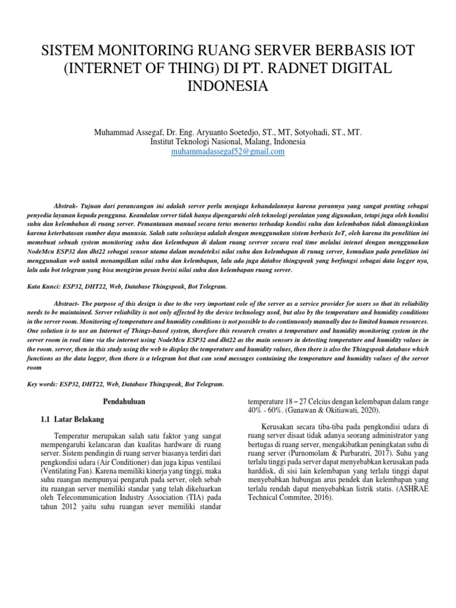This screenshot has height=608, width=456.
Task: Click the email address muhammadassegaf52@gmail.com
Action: point(227,152)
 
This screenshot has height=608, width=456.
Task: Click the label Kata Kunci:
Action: point(44,286)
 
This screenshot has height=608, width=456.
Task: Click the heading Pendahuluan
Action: point(121,402)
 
